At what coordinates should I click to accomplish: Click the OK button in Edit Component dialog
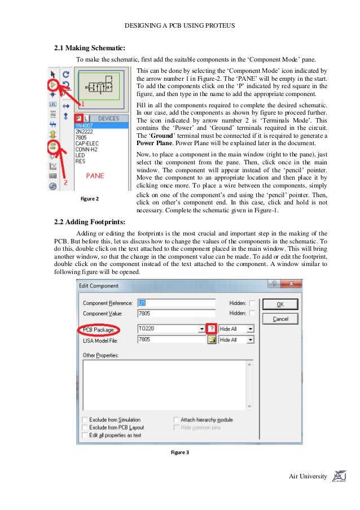280,304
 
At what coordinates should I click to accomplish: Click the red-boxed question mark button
212,328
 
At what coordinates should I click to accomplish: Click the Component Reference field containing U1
176,303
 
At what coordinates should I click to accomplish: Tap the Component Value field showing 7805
176,313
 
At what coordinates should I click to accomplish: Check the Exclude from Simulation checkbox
85,420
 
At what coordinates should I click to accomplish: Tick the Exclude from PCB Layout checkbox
85,428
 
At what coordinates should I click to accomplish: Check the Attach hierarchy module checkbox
177,420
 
